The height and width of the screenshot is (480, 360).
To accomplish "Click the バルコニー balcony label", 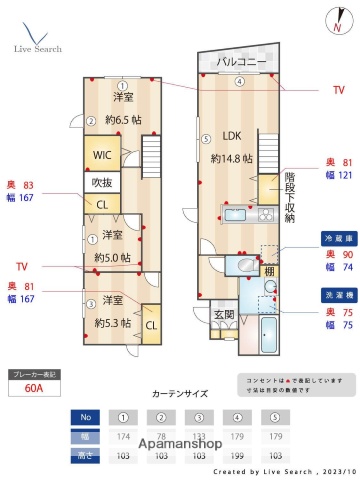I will [x=242, y=62].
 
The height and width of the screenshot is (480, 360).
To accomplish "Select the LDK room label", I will [x=231, y=136].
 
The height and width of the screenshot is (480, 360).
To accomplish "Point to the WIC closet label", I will [x=102, y=155].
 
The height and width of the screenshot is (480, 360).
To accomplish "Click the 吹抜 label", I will [x=101, y=183].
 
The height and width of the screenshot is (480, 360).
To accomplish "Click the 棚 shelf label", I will [x=269, y=271].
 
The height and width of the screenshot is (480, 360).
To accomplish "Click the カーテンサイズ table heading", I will [x=180, y=394].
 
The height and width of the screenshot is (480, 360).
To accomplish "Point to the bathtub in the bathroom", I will [x=270, y=334].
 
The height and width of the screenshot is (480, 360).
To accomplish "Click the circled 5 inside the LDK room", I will [x=205, y=139].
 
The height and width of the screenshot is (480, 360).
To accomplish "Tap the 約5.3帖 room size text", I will [x=112, y=323].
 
